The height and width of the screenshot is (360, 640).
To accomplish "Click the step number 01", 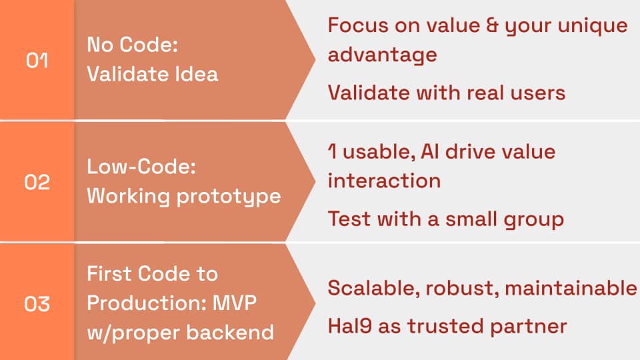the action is click(37, 61).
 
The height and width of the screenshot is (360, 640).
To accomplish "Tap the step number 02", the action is click(37, 181).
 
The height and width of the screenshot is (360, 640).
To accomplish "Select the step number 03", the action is click(37, 304).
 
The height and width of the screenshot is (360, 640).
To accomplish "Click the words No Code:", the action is click(132, 45).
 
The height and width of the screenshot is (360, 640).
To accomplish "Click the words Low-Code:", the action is click(141, 167).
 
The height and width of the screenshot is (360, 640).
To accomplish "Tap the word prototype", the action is click(229, 197).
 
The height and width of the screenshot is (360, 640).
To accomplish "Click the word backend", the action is click(230, 332).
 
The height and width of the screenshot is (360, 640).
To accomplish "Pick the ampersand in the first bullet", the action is click(492, 25).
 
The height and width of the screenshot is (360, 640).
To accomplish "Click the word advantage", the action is click(383, 55).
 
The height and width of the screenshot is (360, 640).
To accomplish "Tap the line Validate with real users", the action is click(447, 93).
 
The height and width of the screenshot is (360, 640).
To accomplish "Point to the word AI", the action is click(430, 152).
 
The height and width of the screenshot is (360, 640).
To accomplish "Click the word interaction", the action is click(384, 181).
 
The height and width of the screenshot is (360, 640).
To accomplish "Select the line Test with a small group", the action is click(446, 219).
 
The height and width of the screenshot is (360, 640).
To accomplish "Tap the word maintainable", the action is click(571, 288).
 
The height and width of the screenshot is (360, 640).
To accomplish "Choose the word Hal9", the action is click(350, 326).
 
